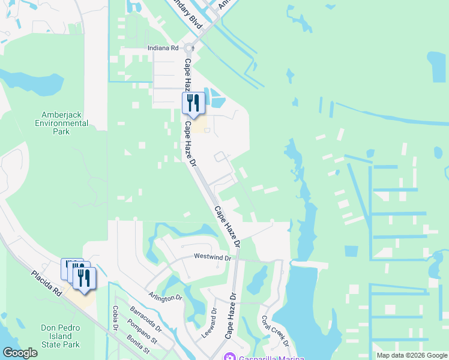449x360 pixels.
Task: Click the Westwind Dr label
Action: [x=212, y=257]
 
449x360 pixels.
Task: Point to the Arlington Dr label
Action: [x=166, y=297]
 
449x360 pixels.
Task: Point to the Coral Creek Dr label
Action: [x=275, y=330]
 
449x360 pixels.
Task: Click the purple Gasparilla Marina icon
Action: [x=229, y=358]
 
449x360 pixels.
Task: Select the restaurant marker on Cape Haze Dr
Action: [x=193, y=103]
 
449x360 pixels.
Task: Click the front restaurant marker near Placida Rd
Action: [x=84, y=278]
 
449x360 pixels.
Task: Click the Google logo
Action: [x=20, y=353]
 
